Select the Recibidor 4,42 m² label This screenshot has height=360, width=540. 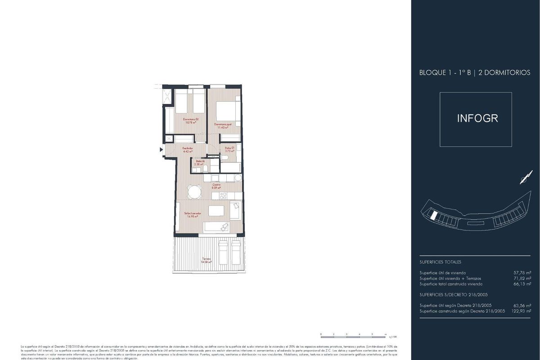[x=188, y=150]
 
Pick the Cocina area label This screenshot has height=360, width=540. [x=216, y=185]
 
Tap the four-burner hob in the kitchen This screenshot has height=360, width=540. [x=222, y=196]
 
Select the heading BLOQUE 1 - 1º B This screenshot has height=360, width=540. [x=445, y=72]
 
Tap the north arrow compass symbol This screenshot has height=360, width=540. [x=523, y=179]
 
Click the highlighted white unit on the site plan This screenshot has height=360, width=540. [x=433, y=216]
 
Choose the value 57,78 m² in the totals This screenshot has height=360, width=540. [x=522, y=273]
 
